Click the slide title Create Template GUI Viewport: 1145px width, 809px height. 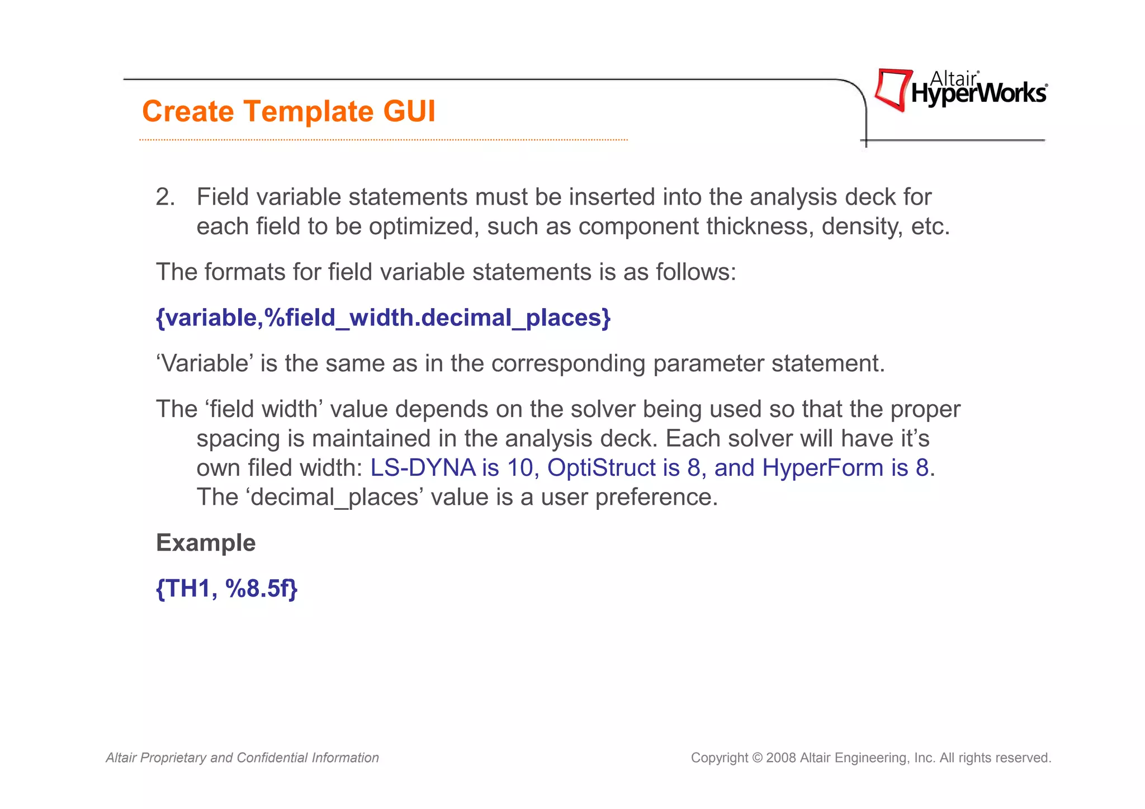[x=288, y=111]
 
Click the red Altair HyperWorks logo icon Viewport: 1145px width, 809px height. [x=893, y=89]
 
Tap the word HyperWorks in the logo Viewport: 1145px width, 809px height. [x=978, y=94]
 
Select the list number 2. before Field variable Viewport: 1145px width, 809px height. [x=165, y=197]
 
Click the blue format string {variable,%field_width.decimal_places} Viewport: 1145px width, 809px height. [x=383, y=318]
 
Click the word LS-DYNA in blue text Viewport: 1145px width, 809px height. [x=423, y=467]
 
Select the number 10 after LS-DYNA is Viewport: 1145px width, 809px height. [x=520, y=467]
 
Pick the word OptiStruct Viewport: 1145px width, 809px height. [x=601, y=467]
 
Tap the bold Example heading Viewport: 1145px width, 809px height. [x=206, y=543]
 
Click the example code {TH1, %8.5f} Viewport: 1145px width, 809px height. [x=226, y=589]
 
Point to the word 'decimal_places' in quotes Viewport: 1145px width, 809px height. [x=334, y=497]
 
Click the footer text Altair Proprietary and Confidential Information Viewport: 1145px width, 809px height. [x=242, y=758]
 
